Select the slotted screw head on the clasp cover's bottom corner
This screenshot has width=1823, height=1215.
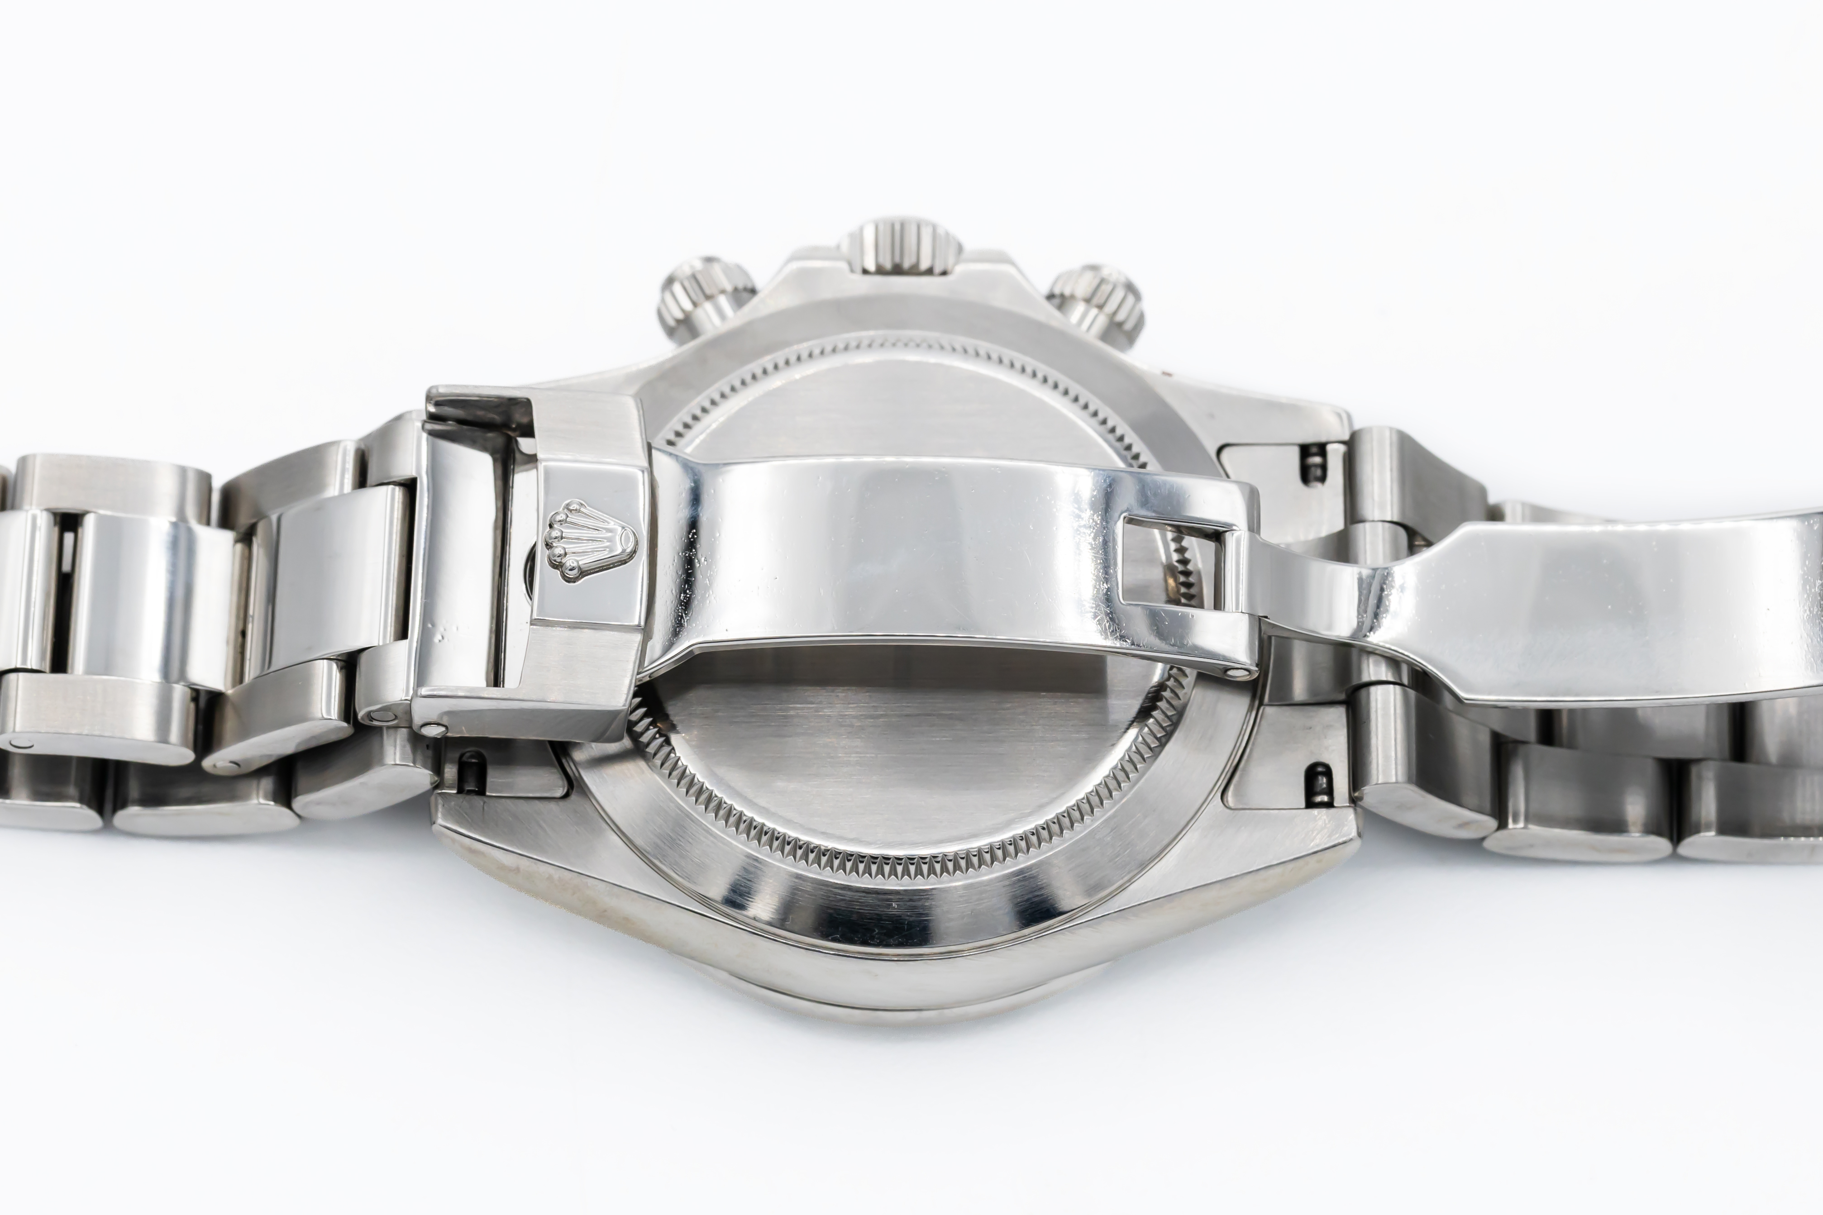coord(434,729)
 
